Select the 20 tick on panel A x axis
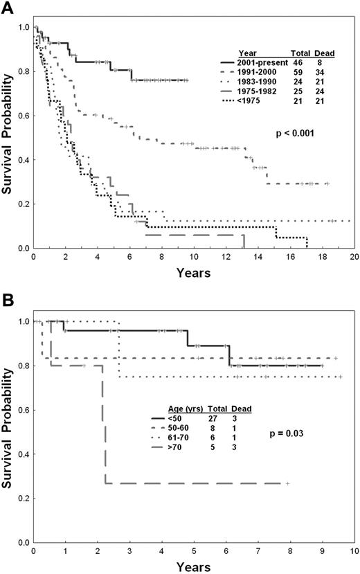(353, 258)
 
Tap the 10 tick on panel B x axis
(353, 551)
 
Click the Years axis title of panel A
(193, 272)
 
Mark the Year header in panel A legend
(247, 53)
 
